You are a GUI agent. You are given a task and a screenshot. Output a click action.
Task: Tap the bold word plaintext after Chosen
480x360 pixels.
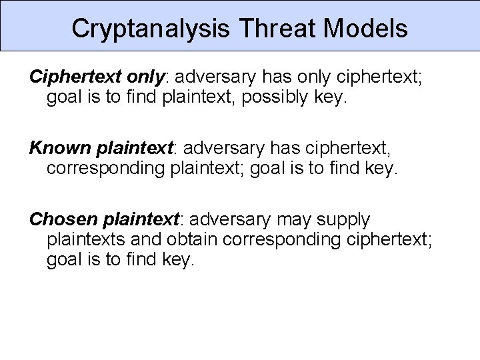[x=141, y=219]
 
